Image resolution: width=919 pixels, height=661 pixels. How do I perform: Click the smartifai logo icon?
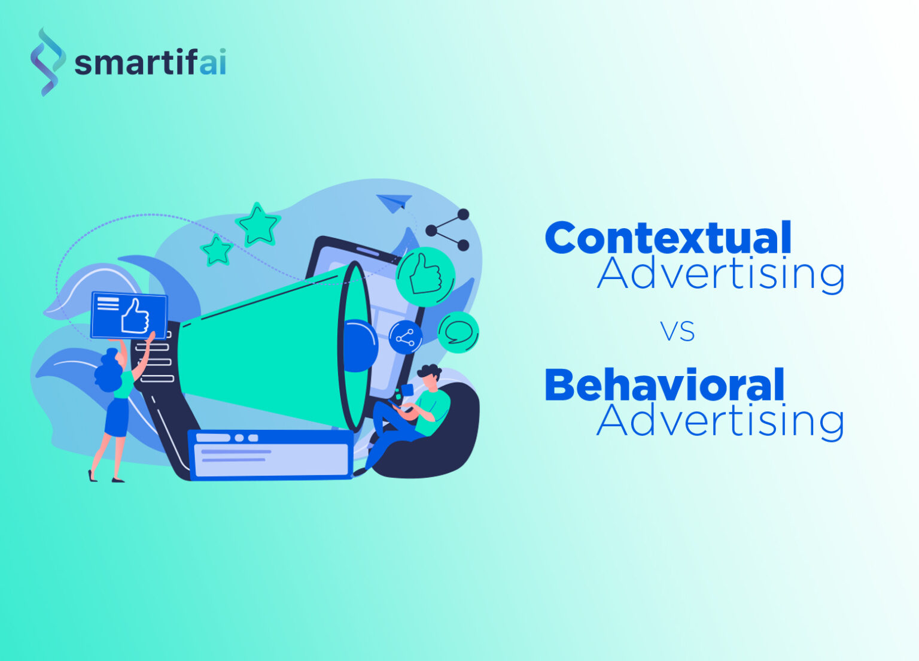(x=47, y=62)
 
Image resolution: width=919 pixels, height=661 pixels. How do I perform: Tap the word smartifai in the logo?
(x=150, y=63)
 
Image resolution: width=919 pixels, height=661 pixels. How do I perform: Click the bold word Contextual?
(x=668, y=238)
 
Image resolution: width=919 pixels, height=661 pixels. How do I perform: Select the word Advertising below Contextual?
(x=720, y=274)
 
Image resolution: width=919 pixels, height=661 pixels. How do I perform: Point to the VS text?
(x=677, y=331)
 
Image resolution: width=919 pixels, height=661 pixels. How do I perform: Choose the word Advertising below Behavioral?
(x=720, y=421)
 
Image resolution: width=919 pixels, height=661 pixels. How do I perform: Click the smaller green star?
(x=216, y=250)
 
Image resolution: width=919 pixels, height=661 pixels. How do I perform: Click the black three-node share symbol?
(x=448, y=230)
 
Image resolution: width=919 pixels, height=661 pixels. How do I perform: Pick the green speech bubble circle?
(x=458, y=332)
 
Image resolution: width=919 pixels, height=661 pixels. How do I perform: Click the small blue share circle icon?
(x=405, y=338)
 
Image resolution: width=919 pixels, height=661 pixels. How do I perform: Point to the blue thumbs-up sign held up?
(x=129, y=315)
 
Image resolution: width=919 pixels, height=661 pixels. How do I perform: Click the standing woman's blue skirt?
(x=117, y=417)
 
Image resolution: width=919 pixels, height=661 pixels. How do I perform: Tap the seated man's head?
(x=429, y=377)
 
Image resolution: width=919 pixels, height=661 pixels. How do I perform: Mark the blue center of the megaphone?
(x=359, y=345)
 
